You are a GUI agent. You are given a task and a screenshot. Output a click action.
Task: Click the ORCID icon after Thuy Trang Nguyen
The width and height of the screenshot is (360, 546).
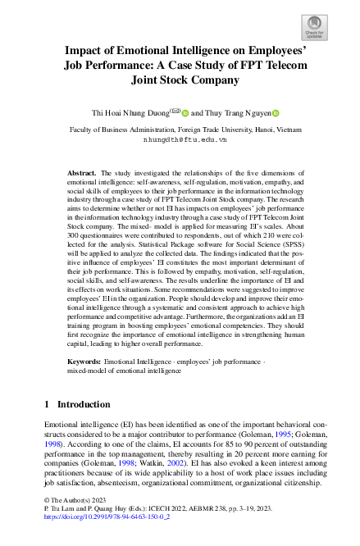[x=276, y=114]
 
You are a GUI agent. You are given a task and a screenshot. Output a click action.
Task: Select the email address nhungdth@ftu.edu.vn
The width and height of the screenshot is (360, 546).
[x=180, y=139]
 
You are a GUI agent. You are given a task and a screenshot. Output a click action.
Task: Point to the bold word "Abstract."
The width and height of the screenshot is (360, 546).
[x=82, y=174]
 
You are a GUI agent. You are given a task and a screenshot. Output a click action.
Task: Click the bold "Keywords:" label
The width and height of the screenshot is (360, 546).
[x=84, y=361]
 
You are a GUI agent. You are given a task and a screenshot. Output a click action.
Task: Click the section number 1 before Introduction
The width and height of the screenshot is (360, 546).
[x=48, y=404]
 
